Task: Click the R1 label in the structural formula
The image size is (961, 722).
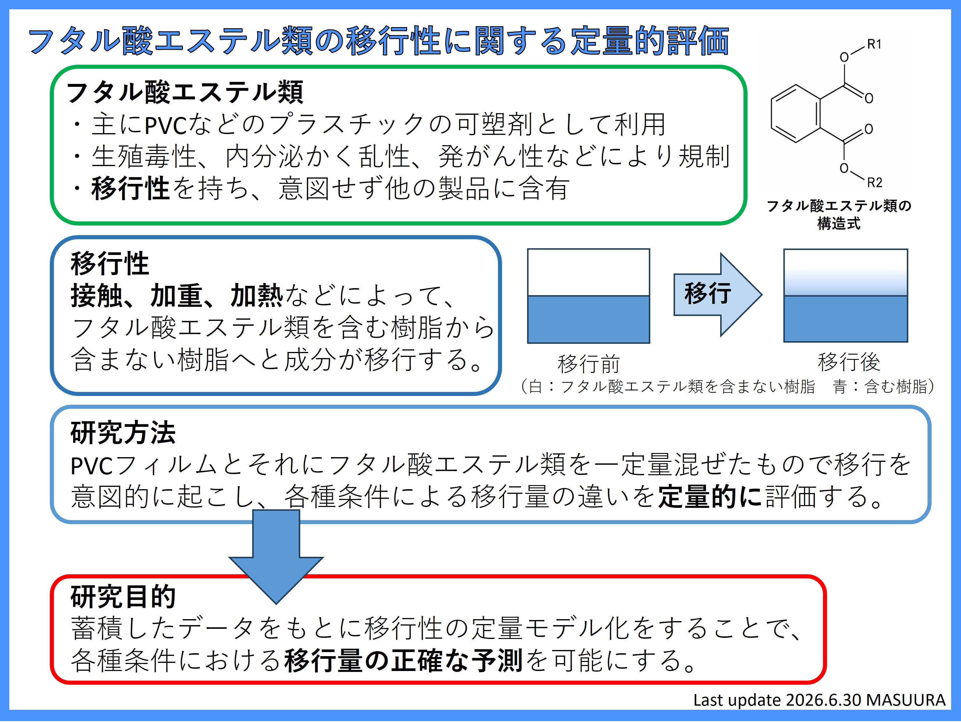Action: (x=874, y=44)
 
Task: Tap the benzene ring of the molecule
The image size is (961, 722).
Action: (x=796, y=113)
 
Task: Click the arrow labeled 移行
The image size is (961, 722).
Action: (x=717, y=294)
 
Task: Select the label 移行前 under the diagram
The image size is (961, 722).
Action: (x=589, y=363)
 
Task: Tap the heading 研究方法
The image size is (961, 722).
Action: (x=123, y=433)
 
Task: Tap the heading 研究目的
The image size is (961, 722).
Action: (x=123, y=597)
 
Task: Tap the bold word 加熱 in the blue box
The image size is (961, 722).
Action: (x=257, y=295)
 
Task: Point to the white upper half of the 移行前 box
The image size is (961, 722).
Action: (x=588, y=272)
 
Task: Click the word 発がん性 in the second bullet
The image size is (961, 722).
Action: (x=491, y=156)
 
